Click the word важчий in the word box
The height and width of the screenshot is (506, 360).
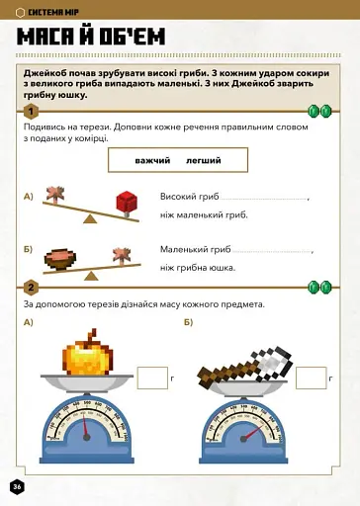(x=153, y=160)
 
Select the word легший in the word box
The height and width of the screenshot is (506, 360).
(x=203, y=160)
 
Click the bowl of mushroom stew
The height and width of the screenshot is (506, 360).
(x=63, y=255)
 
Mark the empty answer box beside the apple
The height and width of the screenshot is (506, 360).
(x=152, y=379)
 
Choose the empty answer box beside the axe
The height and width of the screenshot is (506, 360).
(x=311, y=379)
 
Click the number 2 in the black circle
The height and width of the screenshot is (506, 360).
(x=32, y=288)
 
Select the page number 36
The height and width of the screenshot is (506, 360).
(x=17, y=487)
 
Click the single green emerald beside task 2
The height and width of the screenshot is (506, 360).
(x=318, y=288)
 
